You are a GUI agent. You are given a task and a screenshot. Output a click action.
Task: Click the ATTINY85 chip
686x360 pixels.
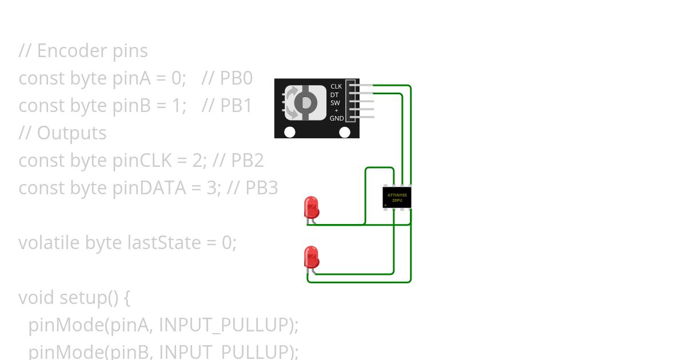click(x=397, y=198)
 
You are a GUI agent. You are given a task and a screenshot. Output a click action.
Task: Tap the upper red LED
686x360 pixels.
click(x=311, y=207)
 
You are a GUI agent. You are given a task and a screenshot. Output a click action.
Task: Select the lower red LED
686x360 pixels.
click(x=311, y=257)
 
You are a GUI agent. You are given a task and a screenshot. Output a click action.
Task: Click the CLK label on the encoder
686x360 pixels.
click(x=336, y=86)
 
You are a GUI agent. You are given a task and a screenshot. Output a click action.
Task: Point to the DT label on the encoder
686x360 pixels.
click(x=334, y=95)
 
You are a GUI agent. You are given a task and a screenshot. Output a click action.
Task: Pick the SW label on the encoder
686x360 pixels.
click(x=335, y=103)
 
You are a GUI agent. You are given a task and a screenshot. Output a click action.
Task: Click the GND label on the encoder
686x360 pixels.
click(x=337, y=118)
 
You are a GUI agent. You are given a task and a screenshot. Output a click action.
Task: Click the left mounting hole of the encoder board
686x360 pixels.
click(x=290, y=132)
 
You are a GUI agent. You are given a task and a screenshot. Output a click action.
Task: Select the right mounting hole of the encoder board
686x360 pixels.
click(x=345, y=132)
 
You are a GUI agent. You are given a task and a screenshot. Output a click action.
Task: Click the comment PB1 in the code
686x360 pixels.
click(x=236, y=106)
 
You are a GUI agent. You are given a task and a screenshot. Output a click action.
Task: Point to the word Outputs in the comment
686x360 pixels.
click(x=71, y=133)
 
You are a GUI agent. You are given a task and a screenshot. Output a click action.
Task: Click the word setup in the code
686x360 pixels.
click(x=80, y=298)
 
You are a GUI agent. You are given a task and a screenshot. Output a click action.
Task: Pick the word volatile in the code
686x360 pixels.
click(x=49, y=243)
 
